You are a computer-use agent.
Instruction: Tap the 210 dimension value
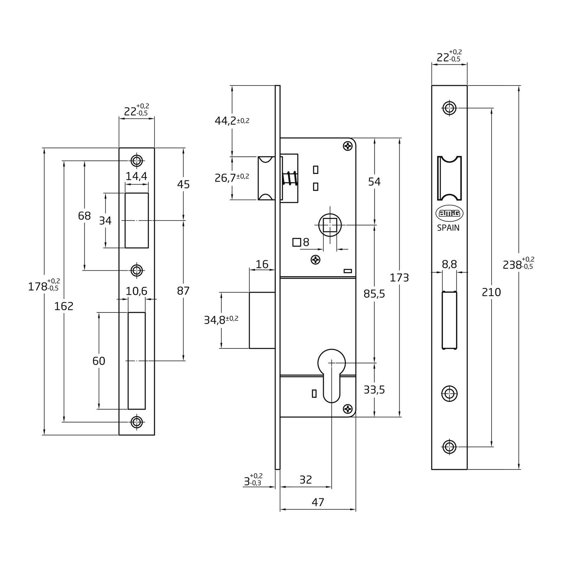[x=491, y=292]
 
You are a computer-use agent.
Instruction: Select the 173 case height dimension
[x=399, y=278]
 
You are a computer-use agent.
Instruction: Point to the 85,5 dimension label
[x=374, y=293]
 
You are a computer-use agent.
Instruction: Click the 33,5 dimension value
[x=374, y=390]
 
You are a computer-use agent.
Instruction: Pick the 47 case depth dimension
[x=318, y=502]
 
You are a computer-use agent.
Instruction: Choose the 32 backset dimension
[x=305, y=480]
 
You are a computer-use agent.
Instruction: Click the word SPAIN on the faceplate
[x=448, y=228]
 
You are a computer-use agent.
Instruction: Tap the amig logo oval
[x=449, y=213]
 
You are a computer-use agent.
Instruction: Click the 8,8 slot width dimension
[x=449, y=264]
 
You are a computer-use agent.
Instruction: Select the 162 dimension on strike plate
[x=64, y=306]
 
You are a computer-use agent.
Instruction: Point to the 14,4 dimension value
[x=137, y=176]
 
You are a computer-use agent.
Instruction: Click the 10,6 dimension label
[x=137, y=291]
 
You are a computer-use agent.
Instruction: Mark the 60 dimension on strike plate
[x=99, y=361]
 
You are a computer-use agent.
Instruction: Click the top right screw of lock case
[x=348, y=146]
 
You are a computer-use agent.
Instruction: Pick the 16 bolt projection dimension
[x=262, y=264]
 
